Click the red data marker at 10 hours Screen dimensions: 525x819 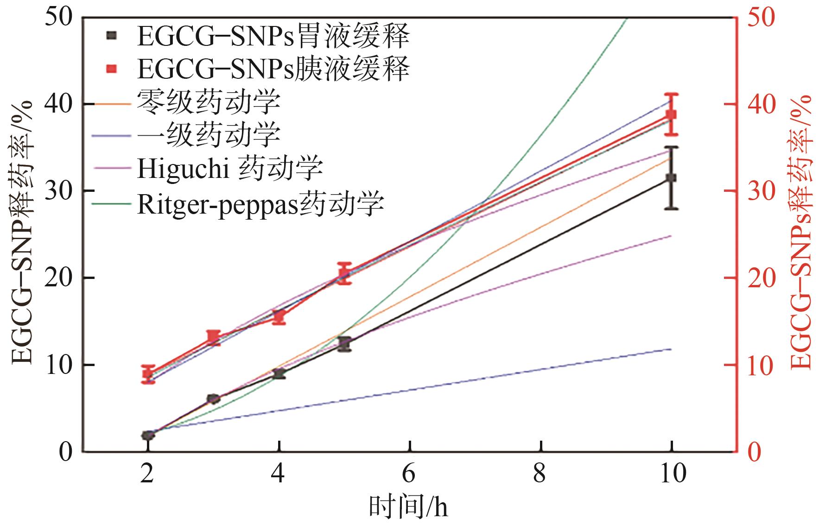coord(671,114)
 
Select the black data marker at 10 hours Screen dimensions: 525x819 coord(671,178)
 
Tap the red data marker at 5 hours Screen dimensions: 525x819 coord(344,273)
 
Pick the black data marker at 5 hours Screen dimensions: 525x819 coord(344,344)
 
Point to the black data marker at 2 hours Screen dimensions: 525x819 coord(148,435)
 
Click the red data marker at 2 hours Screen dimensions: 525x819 coord(148,374)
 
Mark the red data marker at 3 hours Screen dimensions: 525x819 coord(213,336)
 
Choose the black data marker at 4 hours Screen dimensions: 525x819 coord(279,373)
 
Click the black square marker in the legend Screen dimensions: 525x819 coord(110,35)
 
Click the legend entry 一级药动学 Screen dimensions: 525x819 coord(208,135)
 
